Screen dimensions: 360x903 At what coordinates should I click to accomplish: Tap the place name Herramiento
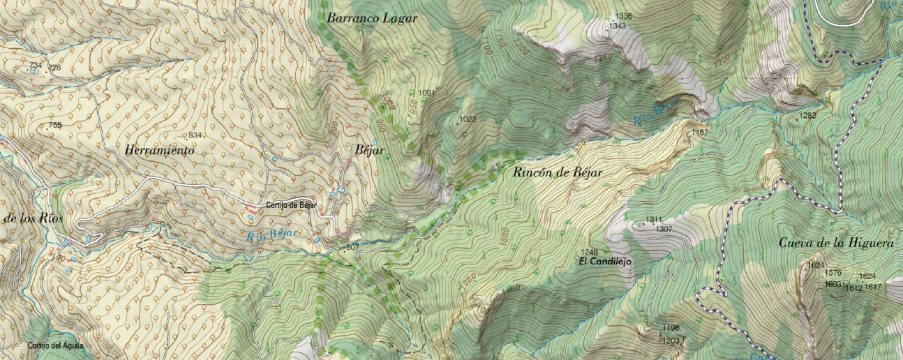(159, 150)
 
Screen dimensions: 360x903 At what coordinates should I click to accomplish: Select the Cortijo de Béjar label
(291, 205)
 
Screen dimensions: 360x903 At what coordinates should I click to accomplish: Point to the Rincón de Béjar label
(557, 172)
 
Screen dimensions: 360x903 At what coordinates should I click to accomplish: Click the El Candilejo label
(605, 262)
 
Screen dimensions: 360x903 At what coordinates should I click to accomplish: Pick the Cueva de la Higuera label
(836, 243)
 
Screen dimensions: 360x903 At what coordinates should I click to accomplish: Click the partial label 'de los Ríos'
(33, 218)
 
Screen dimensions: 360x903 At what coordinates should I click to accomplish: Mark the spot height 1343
(617, 26)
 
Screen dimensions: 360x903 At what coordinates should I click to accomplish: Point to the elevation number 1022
(468, 119)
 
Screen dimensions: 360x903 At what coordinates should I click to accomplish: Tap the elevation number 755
(54, 126)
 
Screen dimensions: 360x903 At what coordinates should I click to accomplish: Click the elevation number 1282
(807, 115)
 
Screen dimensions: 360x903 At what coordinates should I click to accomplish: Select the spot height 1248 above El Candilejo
(589, 252)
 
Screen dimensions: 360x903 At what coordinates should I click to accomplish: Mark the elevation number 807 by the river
(352, 248)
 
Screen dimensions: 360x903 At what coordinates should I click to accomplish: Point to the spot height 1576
(833, 273)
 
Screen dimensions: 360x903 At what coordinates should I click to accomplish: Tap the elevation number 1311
(653, 220)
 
